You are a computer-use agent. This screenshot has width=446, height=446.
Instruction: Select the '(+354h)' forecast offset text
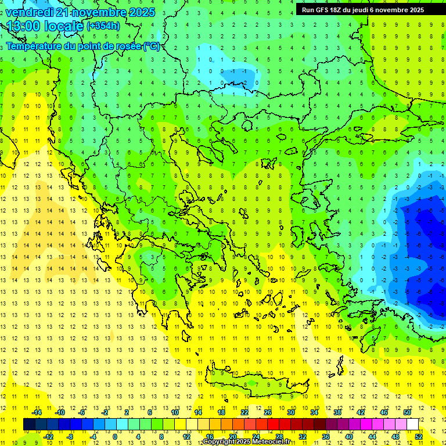[103, 26]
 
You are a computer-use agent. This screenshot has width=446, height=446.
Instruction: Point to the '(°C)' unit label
[151, 46]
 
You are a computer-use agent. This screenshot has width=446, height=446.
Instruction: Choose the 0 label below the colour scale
[114, 436]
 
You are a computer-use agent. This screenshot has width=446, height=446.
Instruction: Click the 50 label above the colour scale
[407, 412]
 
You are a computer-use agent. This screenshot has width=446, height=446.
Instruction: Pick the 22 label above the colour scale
[244, 412]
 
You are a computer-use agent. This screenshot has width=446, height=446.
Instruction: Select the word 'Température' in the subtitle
[33, 46]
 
